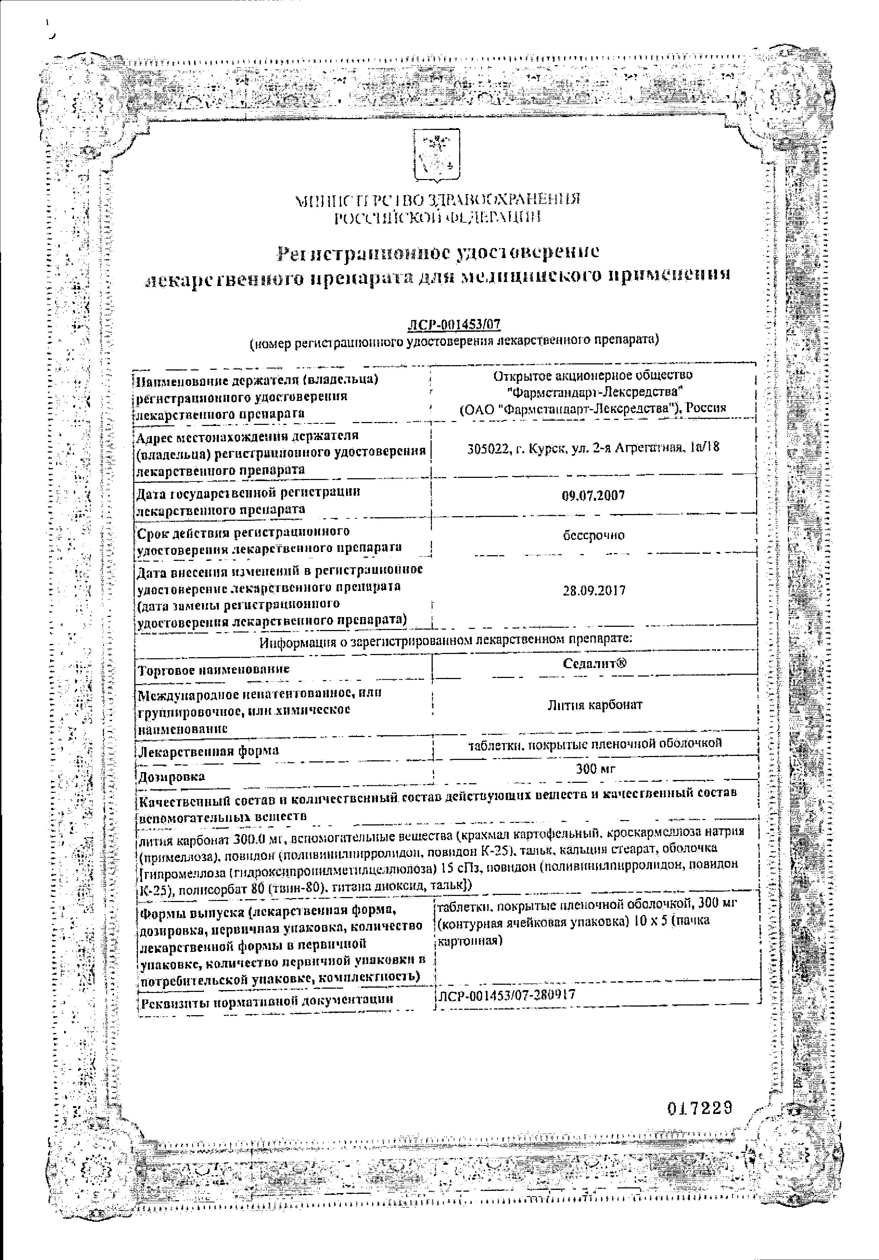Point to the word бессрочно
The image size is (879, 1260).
click(x=594, y=535)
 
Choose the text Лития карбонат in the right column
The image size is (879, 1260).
click(x=595, y=705)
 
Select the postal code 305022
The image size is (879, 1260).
click(x=487, y=449)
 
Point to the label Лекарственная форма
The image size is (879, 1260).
click(x=208, y=751)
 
